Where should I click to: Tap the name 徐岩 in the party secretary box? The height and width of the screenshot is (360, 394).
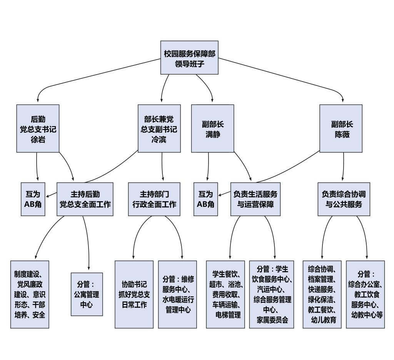click(38, 140)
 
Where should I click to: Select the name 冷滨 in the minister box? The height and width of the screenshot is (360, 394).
click(159, 140)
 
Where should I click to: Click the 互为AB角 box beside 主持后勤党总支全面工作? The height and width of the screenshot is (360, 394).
click(33, 199)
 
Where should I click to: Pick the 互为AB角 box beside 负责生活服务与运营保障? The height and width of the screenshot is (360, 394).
click(205, 199)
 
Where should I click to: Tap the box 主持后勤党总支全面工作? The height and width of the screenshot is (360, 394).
click(85, 199)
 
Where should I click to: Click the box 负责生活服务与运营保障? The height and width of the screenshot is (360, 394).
click(255, 199)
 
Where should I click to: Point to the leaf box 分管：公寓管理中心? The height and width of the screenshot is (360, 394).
click(87, 295)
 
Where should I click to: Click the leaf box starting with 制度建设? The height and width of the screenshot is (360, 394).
click(30, 295)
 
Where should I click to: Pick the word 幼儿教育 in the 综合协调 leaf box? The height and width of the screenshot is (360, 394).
click(322, 320)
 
